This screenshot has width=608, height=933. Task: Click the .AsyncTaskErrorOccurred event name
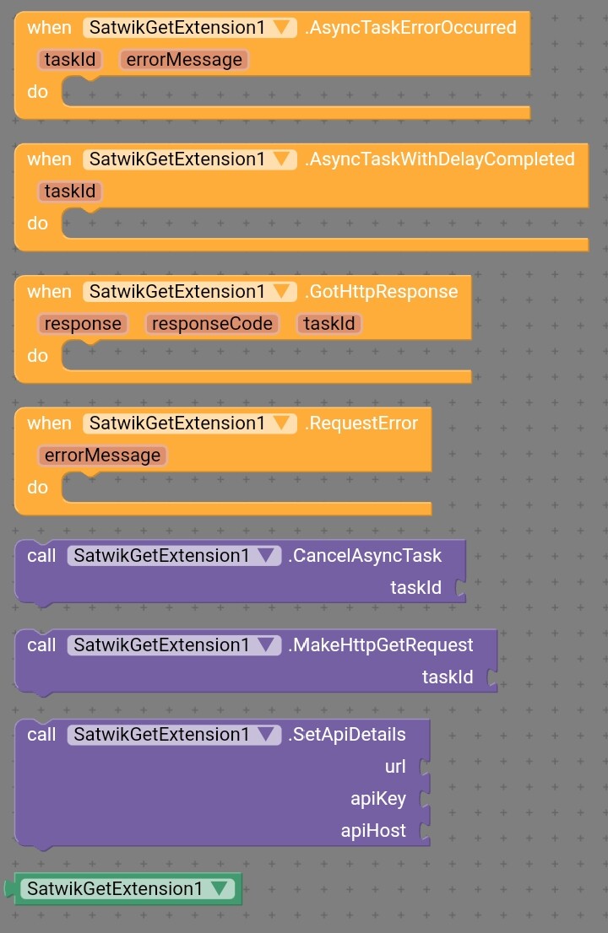click(410, 28)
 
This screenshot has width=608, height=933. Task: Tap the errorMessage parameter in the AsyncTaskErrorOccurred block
click(184, 60)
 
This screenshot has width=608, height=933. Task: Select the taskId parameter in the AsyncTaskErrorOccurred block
click(70, 60)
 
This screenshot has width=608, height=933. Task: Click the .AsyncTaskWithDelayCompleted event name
click(439, 159)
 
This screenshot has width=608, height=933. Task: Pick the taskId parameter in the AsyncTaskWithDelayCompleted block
click(70, 191)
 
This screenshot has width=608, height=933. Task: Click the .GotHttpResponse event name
click(381, 292)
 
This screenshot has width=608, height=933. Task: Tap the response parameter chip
click(83, 324)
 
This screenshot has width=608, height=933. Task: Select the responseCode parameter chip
click(212, 324)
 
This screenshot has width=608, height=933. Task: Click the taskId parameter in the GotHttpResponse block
click(328, 324)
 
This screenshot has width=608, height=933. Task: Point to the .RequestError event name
click(361, 423)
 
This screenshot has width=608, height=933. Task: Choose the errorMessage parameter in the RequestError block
click(102, 456)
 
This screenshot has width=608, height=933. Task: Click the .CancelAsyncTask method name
click(365, 556)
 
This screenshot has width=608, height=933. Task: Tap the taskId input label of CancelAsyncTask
click(415, 588)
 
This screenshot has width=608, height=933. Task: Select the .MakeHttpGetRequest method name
click(381, 645)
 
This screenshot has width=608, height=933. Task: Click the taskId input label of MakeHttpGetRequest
click(448, 677)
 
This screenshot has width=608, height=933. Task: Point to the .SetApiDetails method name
click(346, 734)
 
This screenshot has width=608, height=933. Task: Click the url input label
click(395, 766)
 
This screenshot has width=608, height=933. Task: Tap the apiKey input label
click(378, 799)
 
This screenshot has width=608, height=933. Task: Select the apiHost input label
click(373, 831)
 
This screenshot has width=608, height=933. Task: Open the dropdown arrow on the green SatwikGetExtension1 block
click(220, 888)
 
